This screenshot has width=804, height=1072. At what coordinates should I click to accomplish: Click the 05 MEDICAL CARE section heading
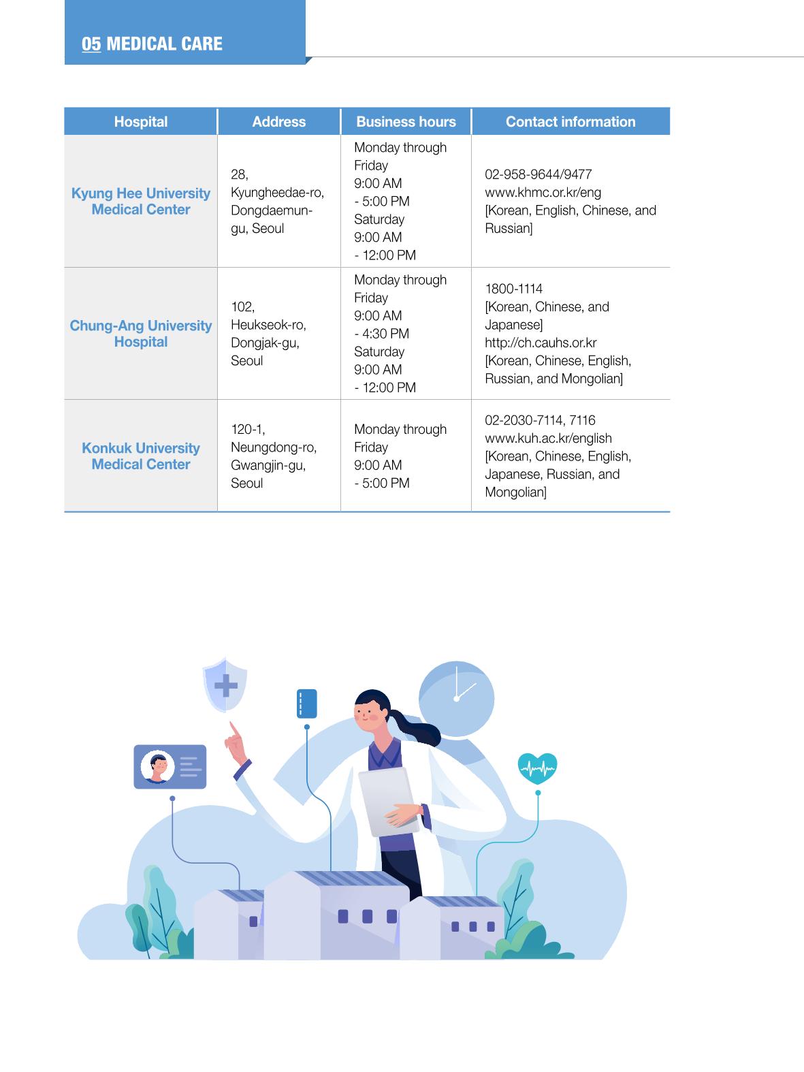(x=152, y=44)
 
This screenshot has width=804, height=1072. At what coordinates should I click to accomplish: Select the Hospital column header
(x=141, y=122)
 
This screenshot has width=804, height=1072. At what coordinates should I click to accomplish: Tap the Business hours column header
(x=406, y=122)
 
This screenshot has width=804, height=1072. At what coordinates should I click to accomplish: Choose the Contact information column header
(x=570, y=122)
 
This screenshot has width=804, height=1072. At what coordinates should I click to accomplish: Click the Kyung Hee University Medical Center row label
(x=141, y=201)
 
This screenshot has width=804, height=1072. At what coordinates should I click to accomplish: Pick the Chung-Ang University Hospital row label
(x=141, y=334)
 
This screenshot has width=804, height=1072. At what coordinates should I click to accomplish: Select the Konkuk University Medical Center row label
(x=141, y=456)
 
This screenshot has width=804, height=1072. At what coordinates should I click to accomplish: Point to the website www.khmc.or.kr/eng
(x=543, y=193)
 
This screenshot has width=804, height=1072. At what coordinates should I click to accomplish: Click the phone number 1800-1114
(x=513, y=289)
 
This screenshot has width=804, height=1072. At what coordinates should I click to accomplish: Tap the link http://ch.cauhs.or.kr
(x=541, y=343)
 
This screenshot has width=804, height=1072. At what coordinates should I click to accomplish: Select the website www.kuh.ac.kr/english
(x=548, y=438)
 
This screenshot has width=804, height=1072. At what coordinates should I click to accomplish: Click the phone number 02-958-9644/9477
(x=538, y=174)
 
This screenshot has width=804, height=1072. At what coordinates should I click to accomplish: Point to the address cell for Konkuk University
(x=274, y=456)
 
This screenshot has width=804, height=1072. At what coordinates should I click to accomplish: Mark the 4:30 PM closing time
(x=385, y=334)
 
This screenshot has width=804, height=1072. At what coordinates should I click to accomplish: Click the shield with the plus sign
(x=225, y=684)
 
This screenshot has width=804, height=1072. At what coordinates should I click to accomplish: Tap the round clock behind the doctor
(x=457, y=698)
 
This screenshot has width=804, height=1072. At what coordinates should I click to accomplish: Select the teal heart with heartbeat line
(x=537, y=768)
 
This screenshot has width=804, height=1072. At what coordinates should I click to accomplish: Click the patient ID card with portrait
(x=170, y=766)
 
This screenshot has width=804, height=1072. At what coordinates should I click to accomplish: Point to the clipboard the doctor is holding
(x=389, y=802)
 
